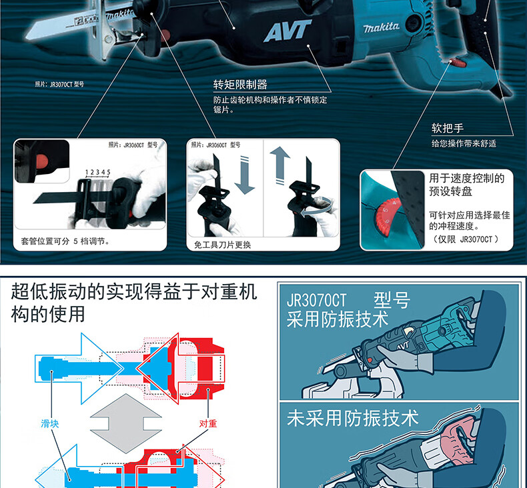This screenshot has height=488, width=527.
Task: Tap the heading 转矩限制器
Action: coord(240,85)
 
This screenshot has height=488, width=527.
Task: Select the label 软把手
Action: coord(448,128)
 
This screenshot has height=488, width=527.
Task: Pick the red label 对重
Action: coord(208,423)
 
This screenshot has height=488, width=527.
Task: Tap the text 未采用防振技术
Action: coord(352,418)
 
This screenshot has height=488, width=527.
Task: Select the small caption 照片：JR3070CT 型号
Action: coord(59,85)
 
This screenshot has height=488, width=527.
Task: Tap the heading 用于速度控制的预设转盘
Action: coord(466,185)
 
